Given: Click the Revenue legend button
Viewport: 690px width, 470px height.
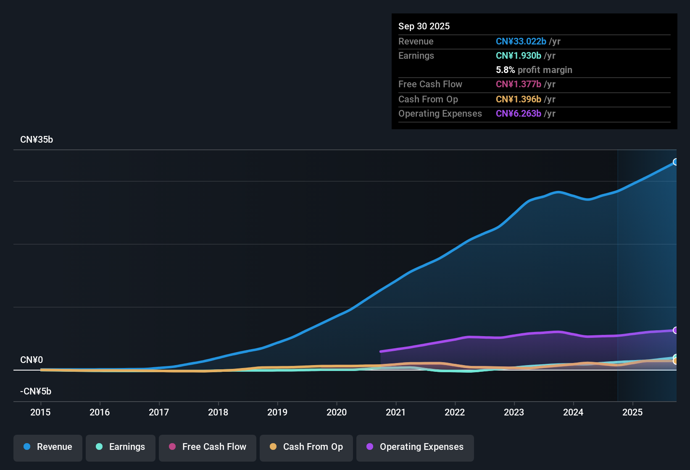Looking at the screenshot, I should [48, 447].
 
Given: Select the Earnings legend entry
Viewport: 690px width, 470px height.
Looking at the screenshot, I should [121, 447].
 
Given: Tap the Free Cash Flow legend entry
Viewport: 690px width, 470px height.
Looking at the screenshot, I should [208, 447].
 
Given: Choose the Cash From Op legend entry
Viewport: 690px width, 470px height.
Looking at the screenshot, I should [306, 447].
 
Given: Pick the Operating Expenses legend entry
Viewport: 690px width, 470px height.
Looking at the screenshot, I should [415, 447].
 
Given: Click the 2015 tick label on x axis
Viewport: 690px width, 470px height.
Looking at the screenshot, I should [40, 413].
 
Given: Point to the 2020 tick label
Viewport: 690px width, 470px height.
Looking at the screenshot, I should [337, 413].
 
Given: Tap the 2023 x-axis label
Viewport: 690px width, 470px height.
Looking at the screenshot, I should [514, 413].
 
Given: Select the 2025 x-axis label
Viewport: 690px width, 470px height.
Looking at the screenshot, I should [632, 413].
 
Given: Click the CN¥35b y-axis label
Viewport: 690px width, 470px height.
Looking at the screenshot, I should [37, 140].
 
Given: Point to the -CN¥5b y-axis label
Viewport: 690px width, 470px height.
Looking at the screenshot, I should [36, 392].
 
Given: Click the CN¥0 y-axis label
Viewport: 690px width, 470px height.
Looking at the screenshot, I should [32, 360].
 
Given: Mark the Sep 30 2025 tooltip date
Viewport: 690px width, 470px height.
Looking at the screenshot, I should [424, 26].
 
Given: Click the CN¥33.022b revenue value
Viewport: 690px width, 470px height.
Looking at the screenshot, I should [521, 41].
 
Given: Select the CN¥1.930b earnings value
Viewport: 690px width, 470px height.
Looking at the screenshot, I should [519, 55].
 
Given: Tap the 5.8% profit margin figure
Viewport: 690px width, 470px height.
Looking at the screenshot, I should [505, 70].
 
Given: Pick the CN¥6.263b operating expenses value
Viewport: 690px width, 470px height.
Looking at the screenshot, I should [519, 113].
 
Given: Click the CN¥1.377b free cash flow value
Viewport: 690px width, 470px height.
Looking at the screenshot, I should [519, 84].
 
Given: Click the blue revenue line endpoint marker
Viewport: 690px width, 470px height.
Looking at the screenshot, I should [675, 162].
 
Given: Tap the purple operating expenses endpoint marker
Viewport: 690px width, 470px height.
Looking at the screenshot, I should [675, 330].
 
